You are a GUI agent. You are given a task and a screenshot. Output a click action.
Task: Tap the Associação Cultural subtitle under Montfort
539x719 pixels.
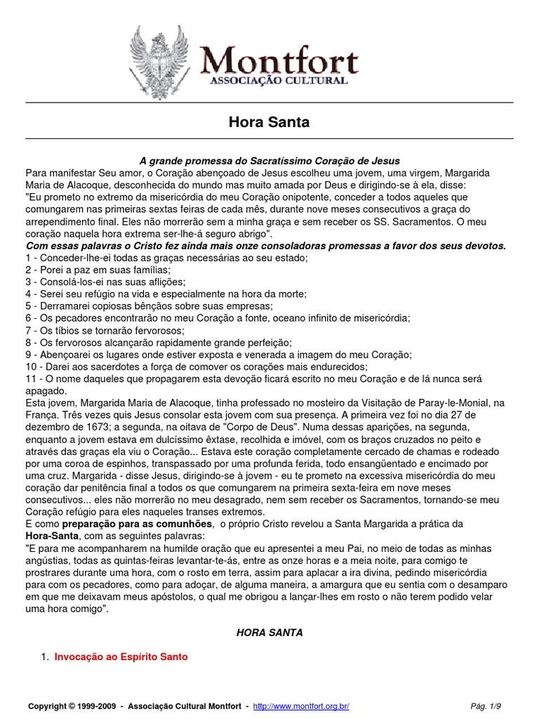click(279, 82)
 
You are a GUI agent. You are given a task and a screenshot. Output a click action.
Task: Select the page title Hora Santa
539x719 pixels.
click(269, 122)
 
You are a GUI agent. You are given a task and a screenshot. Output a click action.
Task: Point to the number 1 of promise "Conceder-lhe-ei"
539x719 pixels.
click(29, 258)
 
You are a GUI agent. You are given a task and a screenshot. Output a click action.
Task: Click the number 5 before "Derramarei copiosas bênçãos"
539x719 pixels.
click(29, 306)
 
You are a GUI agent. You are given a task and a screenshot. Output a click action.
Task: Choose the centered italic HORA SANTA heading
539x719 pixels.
click(269, 633)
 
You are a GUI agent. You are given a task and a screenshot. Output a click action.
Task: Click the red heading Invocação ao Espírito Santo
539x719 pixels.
click(121, 657)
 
